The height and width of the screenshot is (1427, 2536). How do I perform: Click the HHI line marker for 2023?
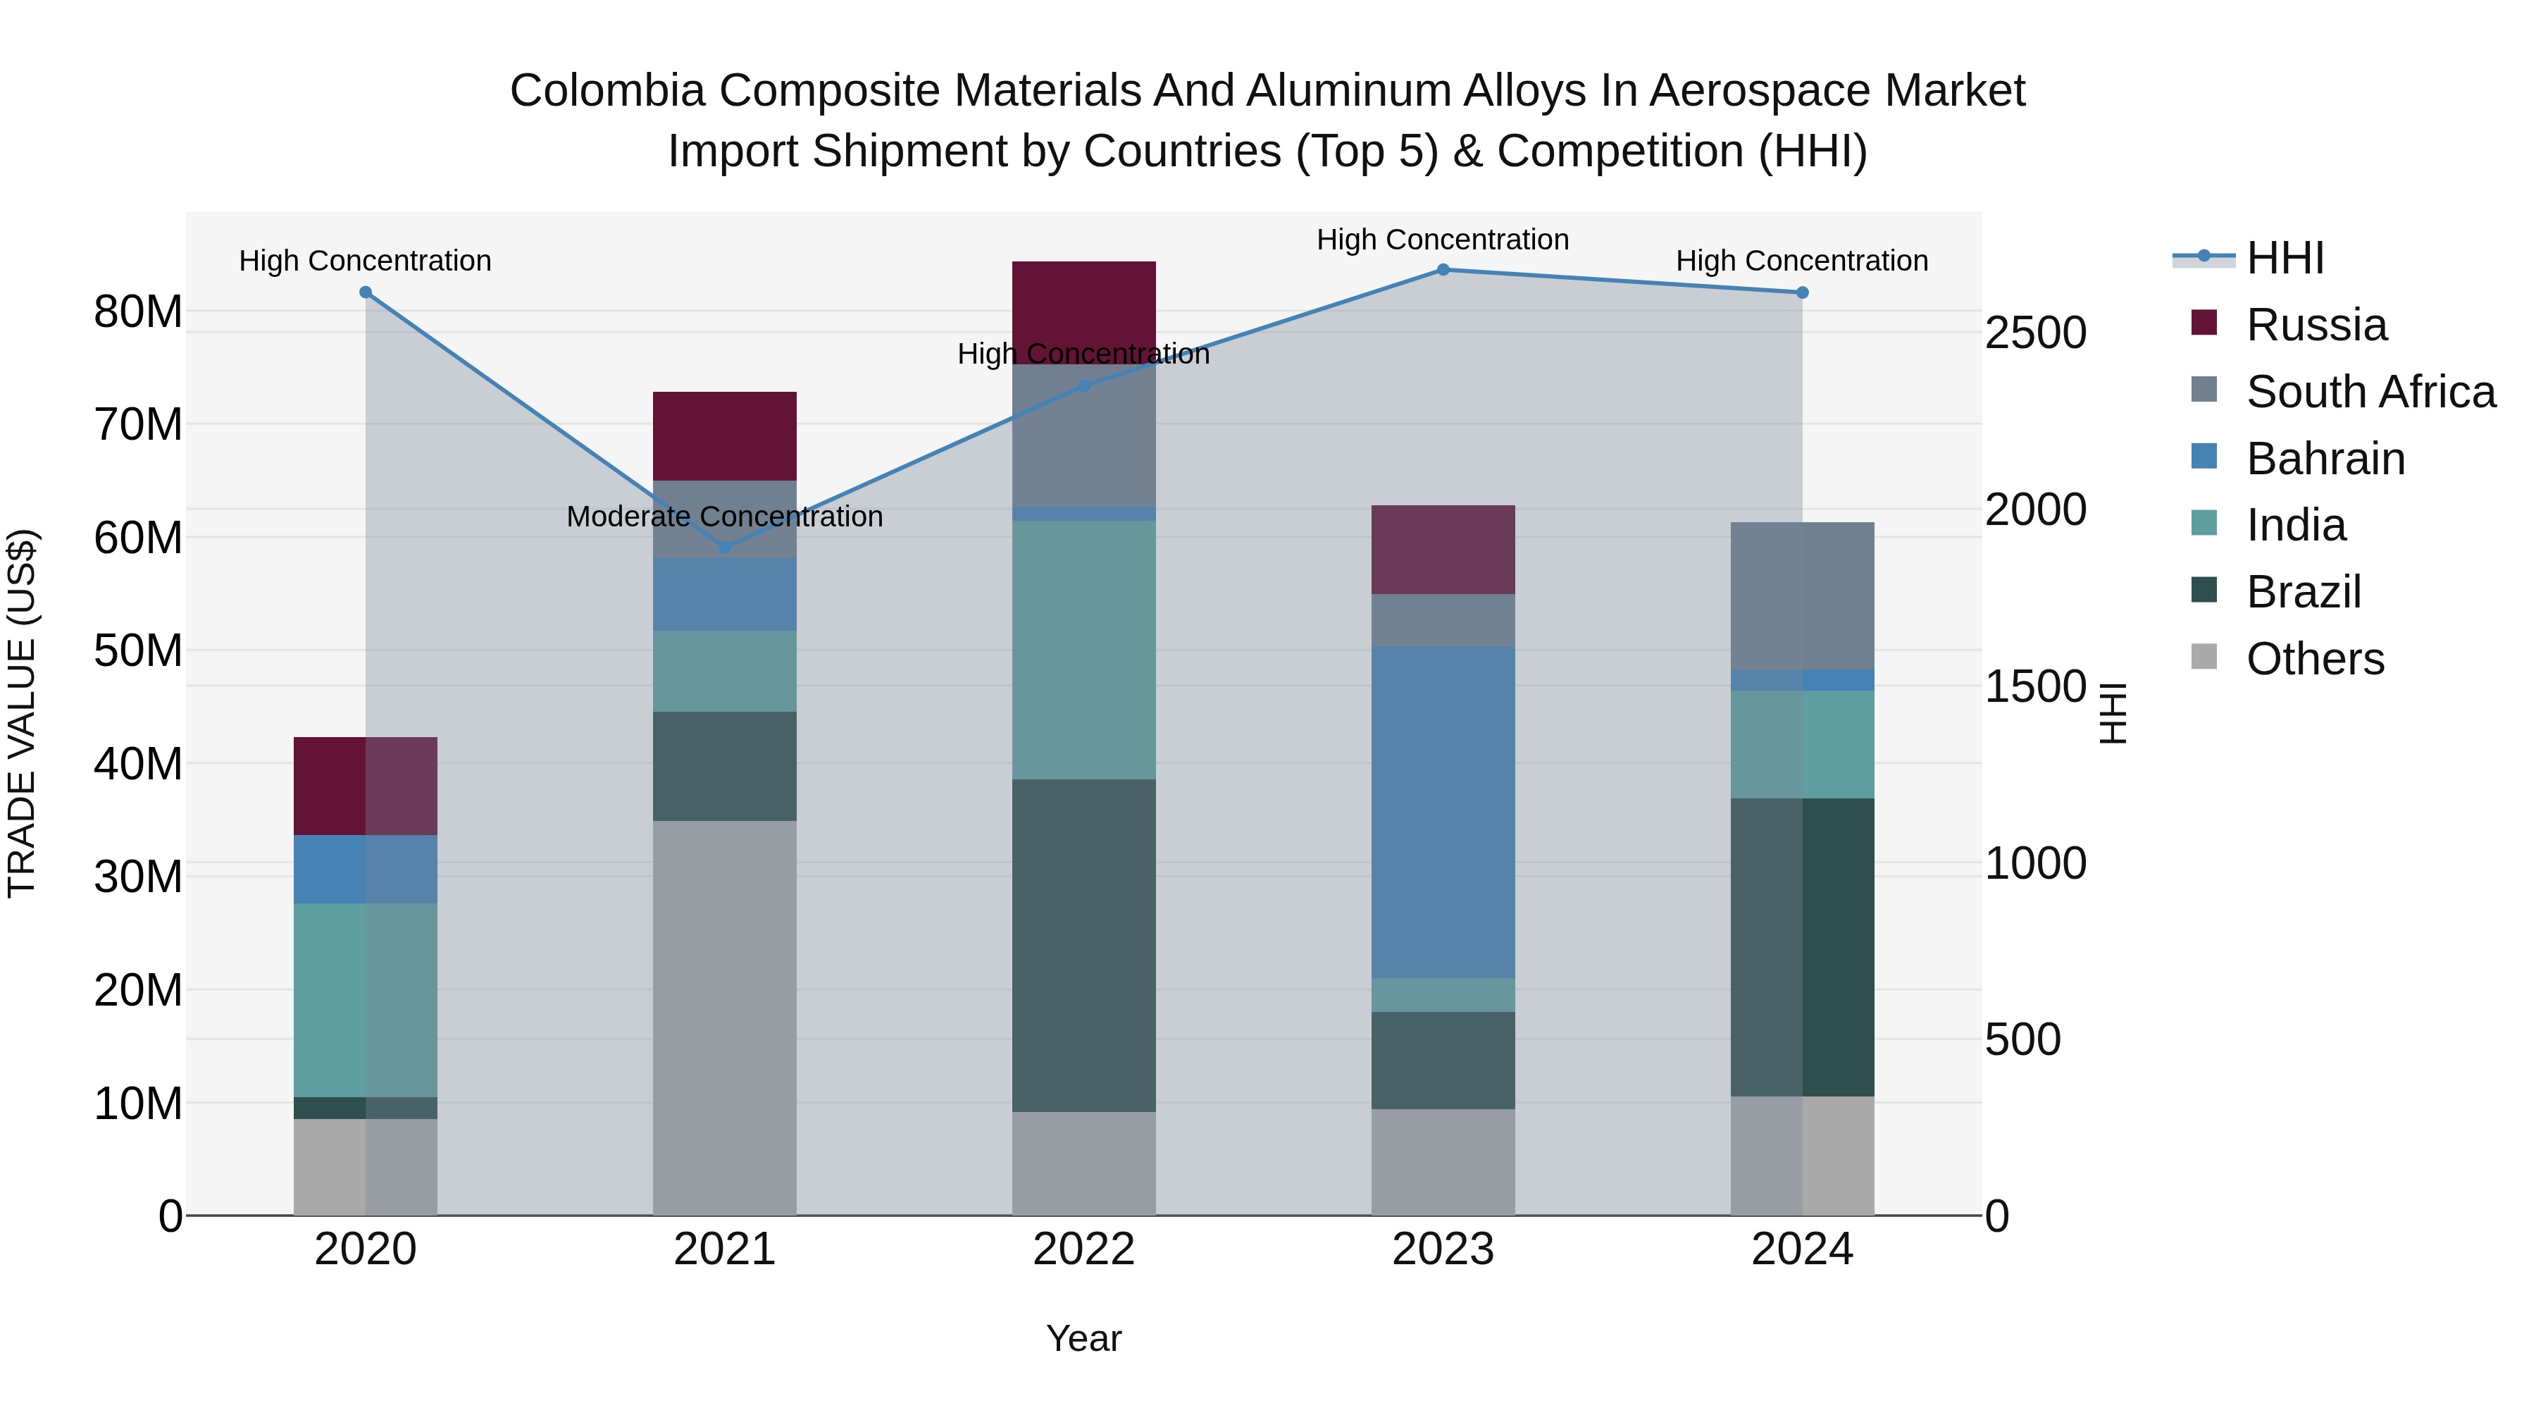(x=1442, y=270)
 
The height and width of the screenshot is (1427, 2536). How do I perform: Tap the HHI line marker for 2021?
(x=725, y=548)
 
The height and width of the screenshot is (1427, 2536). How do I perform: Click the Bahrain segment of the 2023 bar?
(x=1442, y=812)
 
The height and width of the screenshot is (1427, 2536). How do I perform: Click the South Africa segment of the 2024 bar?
(x=1801, y=595)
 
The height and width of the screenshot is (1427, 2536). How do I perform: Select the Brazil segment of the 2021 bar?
(x=725, y=766)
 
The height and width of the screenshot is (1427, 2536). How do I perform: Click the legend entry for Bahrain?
(x=2325, y=459)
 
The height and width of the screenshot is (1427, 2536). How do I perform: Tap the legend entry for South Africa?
(x=2370, y=392)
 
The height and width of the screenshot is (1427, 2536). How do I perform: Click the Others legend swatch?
(x=2204, y=657)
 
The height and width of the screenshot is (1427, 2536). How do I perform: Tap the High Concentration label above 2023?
(x=1442, y=240)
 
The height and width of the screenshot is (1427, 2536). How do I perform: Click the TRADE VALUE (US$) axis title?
(x=22, y=713)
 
